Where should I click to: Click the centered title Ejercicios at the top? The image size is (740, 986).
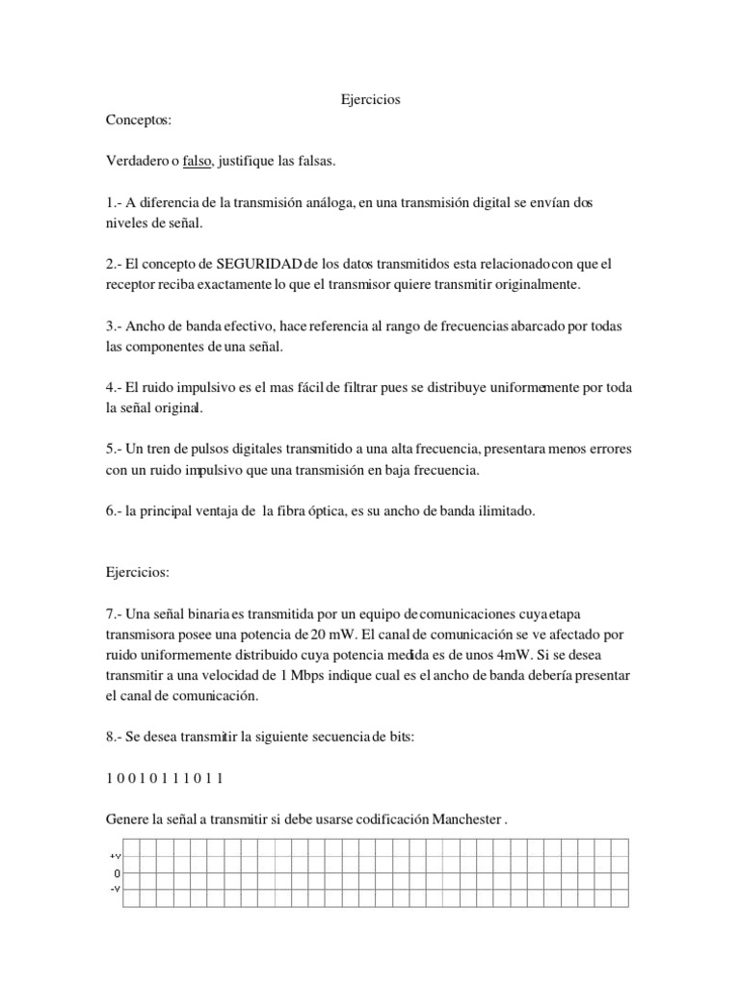point(371,99)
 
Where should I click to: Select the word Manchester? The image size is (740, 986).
point(462,819)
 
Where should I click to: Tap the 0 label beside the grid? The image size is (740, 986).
point(116,872)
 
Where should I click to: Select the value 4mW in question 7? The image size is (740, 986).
point(526,655)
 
